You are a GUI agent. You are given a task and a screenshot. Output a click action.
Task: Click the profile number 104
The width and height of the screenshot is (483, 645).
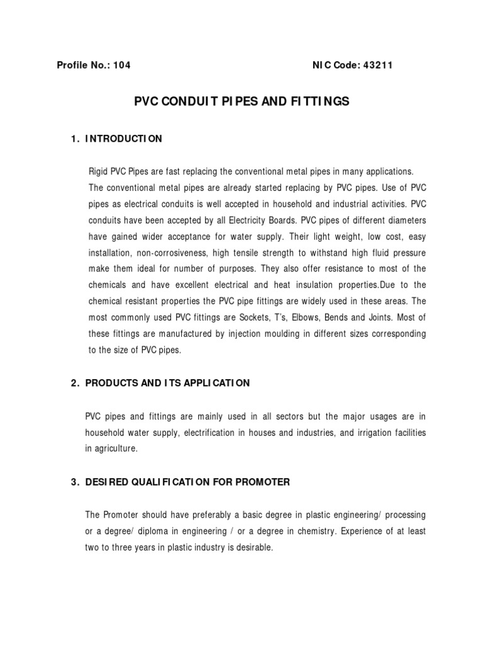point(121,65)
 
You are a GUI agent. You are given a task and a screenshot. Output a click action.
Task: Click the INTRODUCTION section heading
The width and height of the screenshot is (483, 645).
point(124,139)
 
